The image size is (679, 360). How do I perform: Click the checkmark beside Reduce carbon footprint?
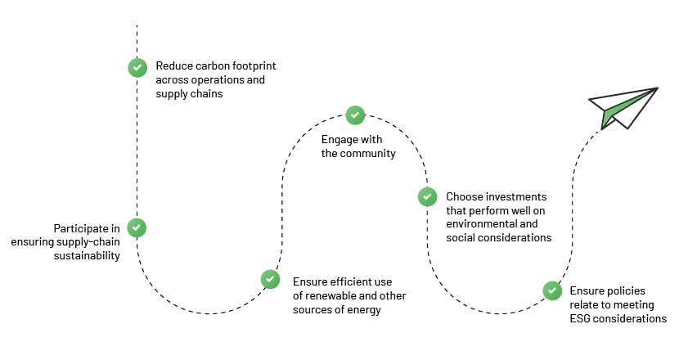pos(137,68)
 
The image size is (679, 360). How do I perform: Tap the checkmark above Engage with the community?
pos(355,115)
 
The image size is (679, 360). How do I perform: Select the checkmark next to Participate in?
pos(137,228)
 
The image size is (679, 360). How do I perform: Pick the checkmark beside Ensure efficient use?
pos(270,280)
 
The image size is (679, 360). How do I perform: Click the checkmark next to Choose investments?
pos(427,196)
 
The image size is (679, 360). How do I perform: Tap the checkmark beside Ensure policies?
pos(552,290)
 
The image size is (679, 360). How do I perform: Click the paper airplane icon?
pos(623,108)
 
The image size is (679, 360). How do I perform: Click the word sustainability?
pos(87,256)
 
